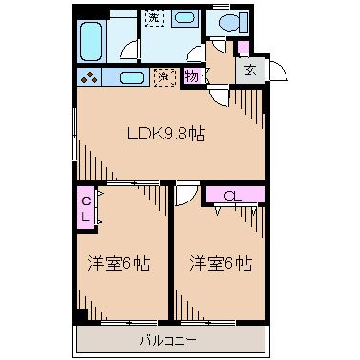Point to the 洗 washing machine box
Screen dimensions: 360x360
[153, 19]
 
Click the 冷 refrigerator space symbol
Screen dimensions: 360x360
[163, 78]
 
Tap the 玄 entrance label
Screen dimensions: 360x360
[250, 69]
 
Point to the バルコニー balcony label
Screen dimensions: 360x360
[168, 339]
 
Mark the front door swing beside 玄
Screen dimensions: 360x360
[274, 70]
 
